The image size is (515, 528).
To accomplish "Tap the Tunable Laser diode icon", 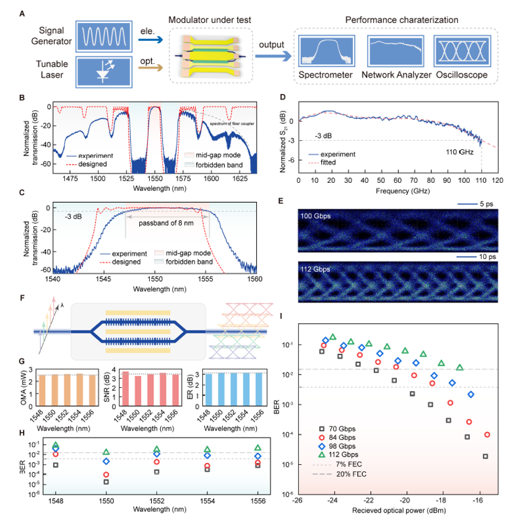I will (x=102, y=71).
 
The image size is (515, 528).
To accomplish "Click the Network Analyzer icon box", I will (x=394, y=51).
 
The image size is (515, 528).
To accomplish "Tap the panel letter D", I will (x=282, y=98).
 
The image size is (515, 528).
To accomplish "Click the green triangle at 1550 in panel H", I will (x=106, y=452).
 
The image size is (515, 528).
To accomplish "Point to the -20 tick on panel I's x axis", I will (x=405, y=500).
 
